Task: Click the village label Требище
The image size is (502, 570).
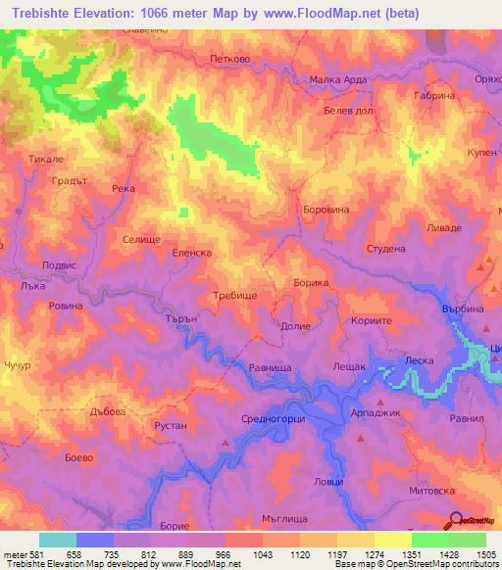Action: tap(234, 295)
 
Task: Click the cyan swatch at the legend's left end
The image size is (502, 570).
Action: tap(58, 540)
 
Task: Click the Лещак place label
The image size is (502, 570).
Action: tap(349, 365)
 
